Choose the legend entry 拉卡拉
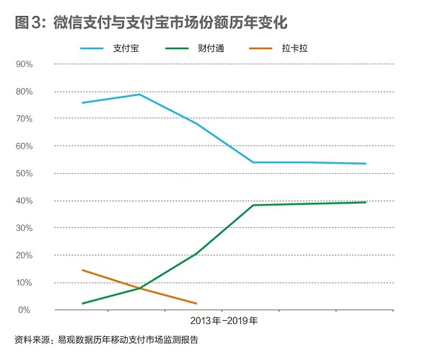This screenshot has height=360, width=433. coord(291,48)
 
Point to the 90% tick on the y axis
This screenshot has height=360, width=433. coord(24,64)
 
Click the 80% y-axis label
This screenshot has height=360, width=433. coord(24,92)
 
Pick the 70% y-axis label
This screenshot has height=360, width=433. coord(24,118)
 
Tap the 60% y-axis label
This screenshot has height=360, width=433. coord(24,146)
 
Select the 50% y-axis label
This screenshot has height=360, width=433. coord(24,173)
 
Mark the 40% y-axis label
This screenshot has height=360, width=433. coord(24,201)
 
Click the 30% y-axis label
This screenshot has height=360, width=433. coord(24,228)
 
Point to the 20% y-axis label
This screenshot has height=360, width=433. coord(24,255)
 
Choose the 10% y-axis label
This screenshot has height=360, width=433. coord(24,283)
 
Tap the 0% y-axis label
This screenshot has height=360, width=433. coord(26,310)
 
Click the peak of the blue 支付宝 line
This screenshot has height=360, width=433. coord(139,94)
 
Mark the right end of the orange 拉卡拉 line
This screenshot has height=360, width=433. coord(196,303)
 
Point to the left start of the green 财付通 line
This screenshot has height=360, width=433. coord(82,303)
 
